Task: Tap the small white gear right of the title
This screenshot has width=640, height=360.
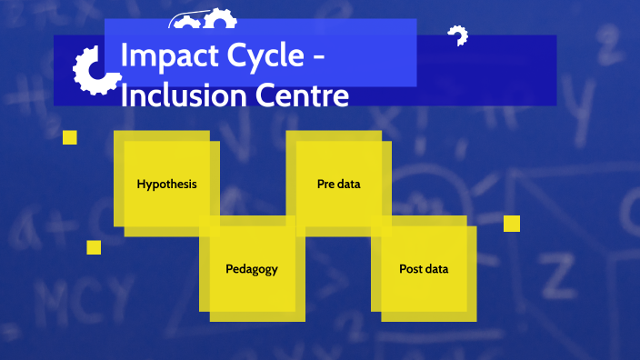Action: (x=457, y=36)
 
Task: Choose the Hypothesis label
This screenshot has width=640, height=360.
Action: (x=166, y=184)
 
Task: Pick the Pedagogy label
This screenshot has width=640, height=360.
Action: (x=252, y=269)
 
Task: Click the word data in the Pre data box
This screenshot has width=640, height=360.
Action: (x=349, y=184)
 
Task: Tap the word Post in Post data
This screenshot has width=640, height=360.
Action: (x=412, y=269)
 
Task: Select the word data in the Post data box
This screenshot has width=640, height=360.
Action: (x=437, y=269)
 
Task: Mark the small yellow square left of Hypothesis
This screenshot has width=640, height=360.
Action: (x=70, y=137)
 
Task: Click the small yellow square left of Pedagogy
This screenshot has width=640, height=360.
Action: (x=94, y=247)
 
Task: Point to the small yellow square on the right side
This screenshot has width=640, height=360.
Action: (x=512, y=224)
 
